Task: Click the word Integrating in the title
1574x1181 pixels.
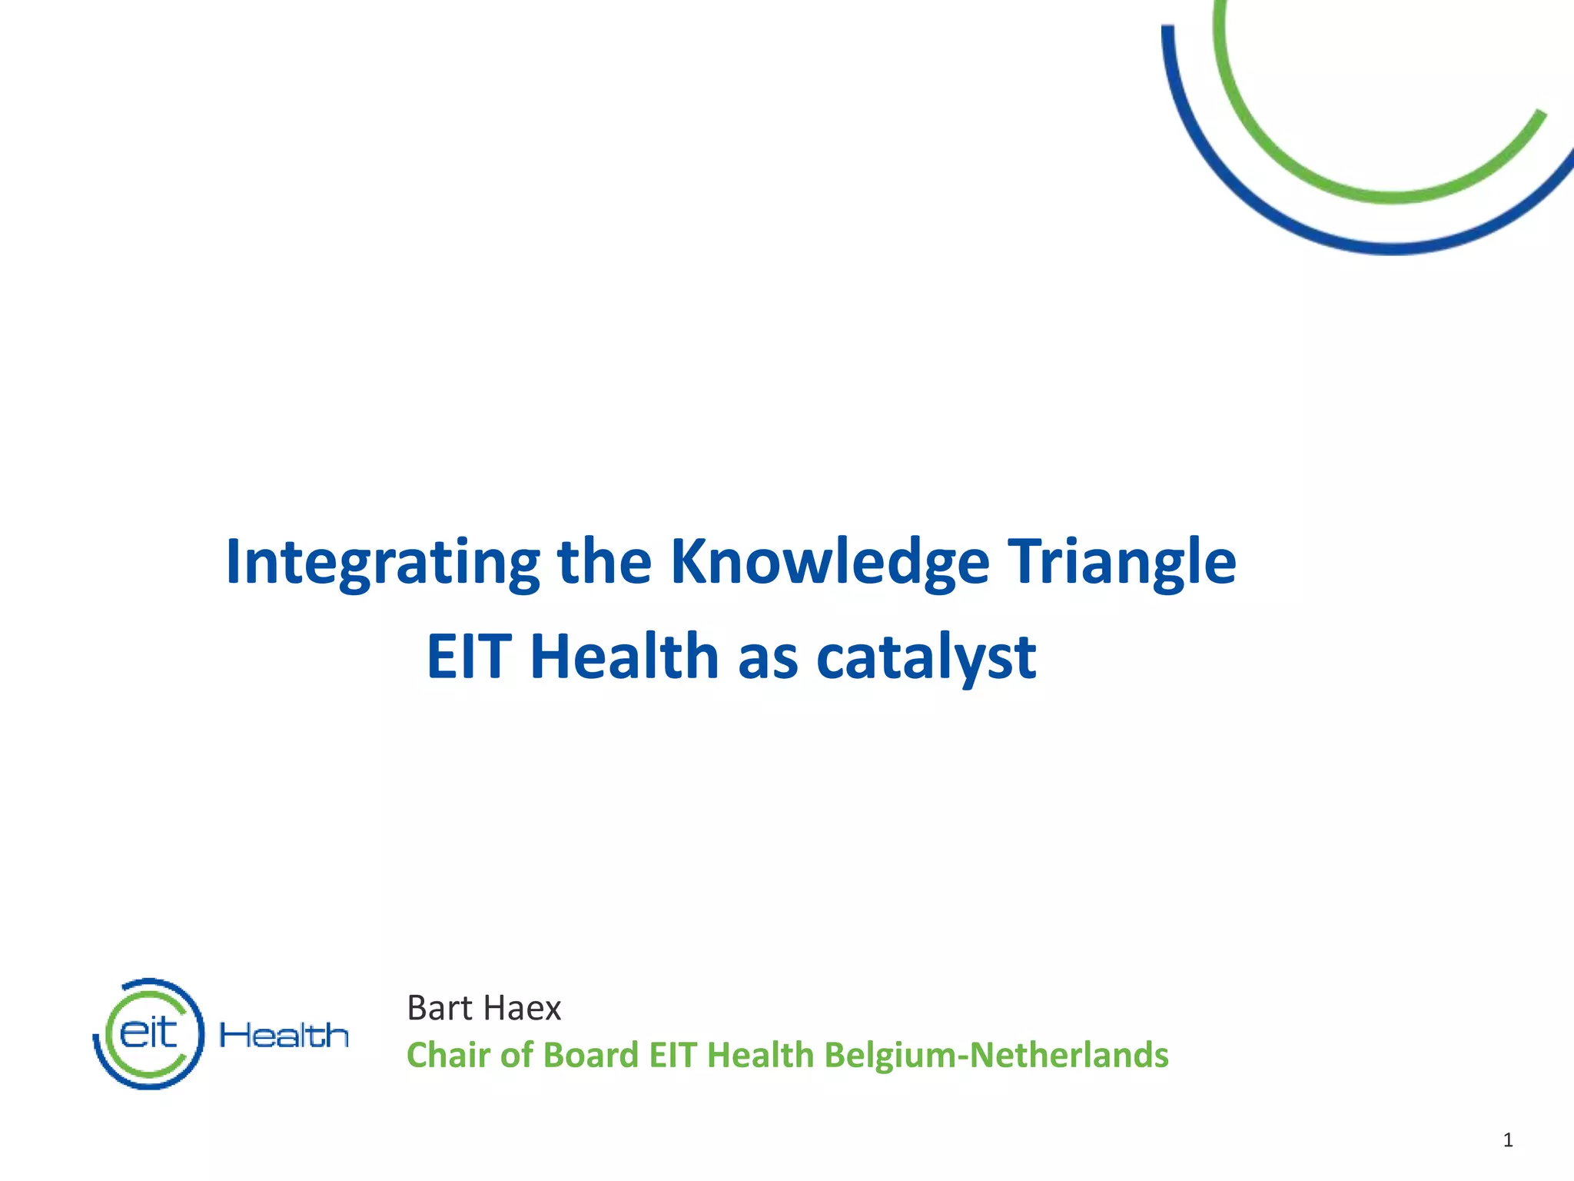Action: (x=383, y=563)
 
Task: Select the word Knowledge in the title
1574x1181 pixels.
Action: (x=829, y=563)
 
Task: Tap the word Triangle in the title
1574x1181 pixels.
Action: (x=1121, y=563)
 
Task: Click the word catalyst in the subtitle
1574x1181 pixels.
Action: (x=925, y=657)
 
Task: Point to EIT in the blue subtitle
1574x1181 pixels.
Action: (x=469, y=657)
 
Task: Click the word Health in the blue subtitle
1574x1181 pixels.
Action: (x=624, y=657)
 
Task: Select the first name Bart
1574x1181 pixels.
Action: (x=439, y=1008)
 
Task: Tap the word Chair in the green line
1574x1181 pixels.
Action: (x=448, y=1055)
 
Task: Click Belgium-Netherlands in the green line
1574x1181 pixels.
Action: (x=996, y=1055)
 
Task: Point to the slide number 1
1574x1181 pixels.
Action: (x=1508, y=1139)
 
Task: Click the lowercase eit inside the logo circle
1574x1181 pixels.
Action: (x=148, y=1033)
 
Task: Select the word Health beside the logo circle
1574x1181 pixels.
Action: (x=284, y=1036)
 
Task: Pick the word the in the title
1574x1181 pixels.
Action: (x=604, y=563)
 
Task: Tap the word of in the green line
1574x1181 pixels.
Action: (x=517, y=1055)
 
